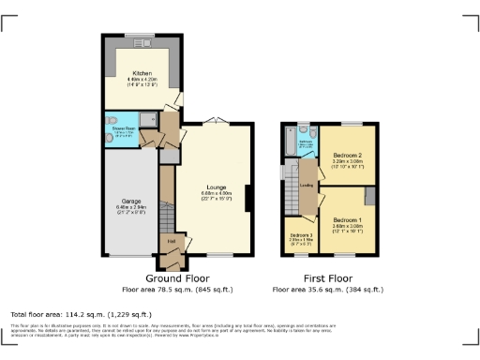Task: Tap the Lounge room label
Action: click(x=216, y=187)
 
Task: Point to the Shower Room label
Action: click(x=125, y=129)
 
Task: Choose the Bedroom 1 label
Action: click(x=348, y=217)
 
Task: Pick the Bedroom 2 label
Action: click(x=348, y=155)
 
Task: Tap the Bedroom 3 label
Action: click(x=300, y=234)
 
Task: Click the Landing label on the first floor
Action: click(x=306, y=185)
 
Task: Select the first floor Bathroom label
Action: click(x=305, y=142)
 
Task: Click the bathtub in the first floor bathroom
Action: click(x=286, y=142)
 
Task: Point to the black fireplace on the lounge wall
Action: click(x=247, y=199)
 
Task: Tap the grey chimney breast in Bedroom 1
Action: click(x=370, y=196)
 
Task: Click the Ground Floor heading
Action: click(x=177, y=278)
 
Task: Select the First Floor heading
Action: click(x=328, y=278)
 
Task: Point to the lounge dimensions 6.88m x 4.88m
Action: click(x=216, y=195)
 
